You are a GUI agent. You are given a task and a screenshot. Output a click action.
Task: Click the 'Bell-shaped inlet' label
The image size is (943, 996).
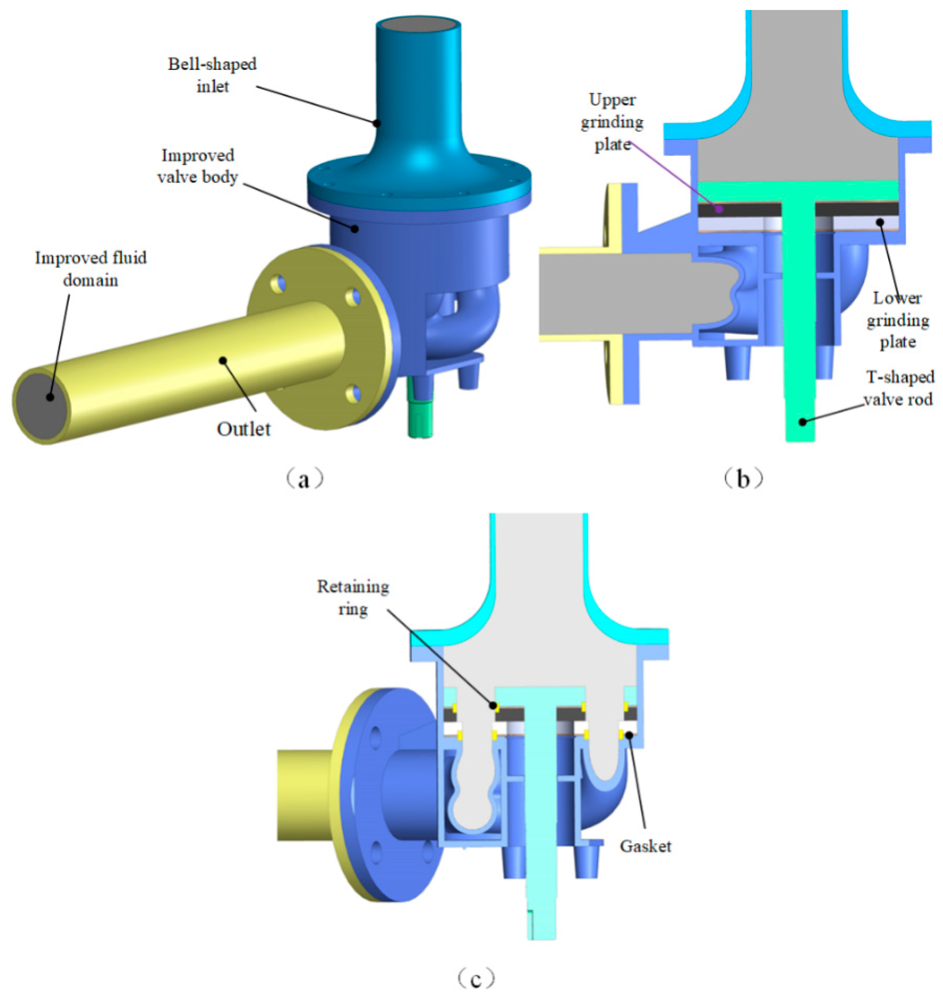212,76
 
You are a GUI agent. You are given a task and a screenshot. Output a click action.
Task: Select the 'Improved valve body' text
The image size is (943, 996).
197,166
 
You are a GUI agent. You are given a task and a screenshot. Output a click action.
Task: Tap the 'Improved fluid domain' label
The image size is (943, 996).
91,268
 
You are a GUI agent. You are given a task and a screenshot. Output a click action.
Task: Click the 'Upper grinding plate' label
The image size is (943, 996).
612,122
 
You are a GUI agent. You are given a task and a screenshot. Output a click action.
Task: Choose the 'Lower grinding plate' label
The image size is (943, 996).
897,320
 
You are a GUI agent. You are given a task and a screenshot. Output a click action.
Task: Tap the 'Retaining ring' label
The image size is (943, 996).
353,598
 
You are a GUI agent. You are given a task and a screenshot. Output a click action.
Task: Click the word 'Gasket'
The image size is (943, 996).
645,846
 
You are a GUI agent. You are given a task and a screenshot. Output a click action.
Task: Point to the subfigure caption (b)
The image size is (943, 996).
742,479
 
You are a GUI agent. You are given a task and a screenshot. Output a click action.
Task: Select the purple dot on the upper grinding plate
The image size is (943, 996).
720,209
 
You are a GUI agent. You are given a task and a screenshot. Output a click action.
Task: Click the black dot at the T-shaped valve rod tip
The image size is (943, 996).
803,421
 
